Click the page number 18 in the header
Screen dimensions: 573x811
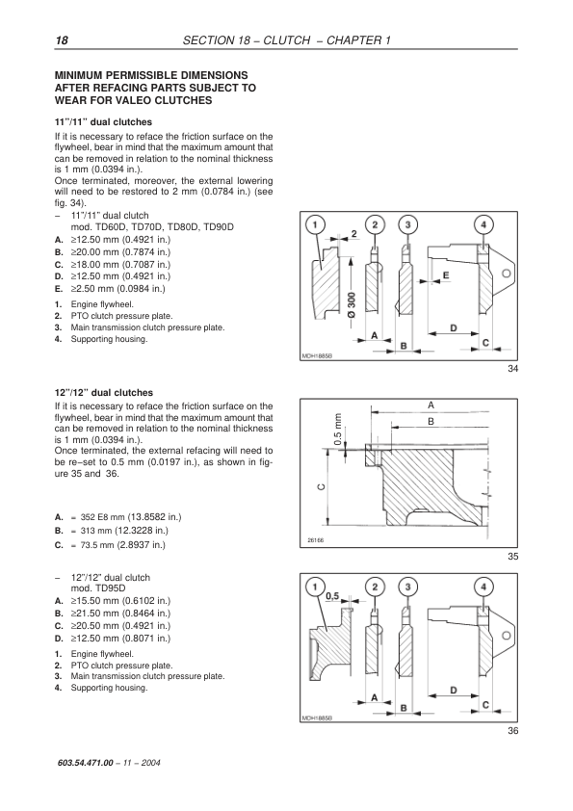[x=62, y=40]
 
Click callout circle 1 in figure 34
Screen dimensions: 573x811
[x=316, y=225]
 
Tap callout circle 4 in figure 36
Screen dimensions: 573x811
[x=483, y=587]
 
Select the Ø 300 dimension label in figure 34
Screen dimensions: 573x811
[x=352, y=306]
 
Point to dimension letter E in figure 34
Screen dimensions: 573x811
[x=446, y=275]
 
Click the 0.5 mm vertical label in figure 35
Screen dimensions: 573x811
[x=338, y=430]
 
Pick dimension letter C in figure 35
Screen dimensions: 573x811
[x=321, y=486]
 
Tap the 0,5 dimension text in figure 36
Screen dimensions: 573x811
[x=332, y=596]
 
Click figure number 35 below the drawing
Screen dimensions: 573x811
[x=512, y=557]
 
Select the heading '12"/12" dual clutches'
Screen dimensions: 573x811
[x=104, y=393]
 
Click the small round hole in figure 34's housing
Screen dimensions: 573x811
[x=508, y=274]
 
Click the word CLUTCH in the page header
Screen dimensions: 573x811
[x=287, y=40]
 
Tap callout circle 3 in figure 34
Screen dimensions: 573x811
[x=408, y=225]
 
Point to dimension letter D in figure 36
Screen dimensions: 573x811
[x=454, y=690]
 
